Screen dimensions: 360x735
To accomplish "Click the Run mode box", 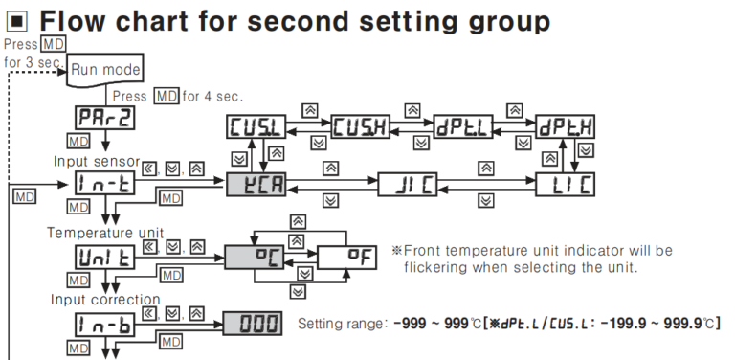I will click(106, 69).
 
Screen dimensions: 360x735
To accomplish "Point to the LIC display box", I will click(567, 183).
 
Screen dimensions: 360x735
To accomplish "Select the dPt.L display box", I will click(463, 128).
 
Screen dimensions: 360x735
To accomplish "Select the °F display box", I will click(348, 257).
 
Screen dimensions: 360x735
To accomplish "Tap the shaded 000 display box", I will click(254, 324).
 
